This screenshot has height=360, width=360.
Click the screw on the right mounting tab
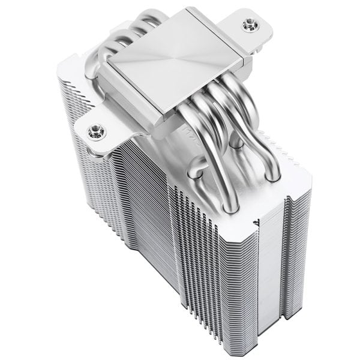coord(247,25)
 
